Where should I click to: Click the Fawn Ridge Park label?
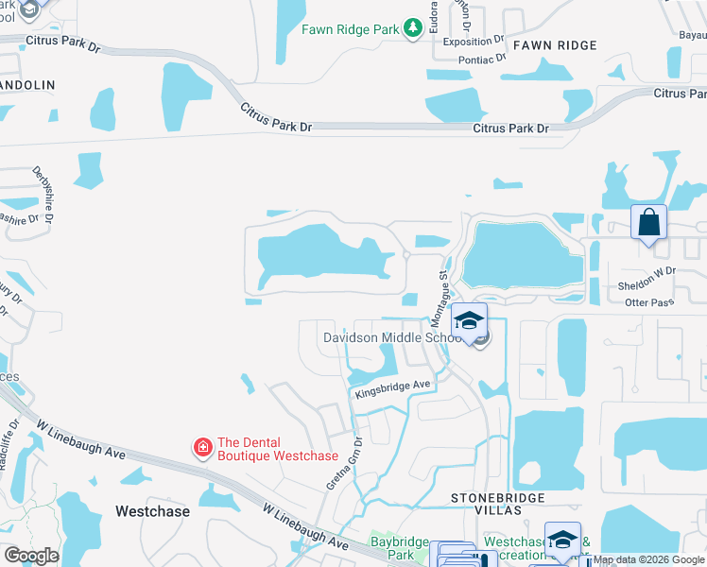click(x=351, y=29)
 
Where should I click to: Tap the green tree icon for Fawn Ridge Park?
click(x=412, y=29)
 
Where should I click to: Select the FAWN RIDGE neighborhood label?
click(x=556, y=45)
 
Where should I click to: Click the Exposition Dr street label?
click(x=474, y=42)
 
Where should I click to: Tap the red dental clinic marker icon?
click(x=202, y=446)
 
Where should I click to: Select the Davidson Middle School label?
click(x=392, y=337)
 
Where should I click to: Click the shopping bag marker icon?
click(x=648, y=223)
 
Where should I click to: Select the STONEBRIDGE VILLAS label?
click(x=486, y=503)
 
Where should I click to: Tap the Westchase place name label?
click(x=152, y=511)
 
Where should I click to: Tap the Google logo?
click(x=32, y=556)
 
